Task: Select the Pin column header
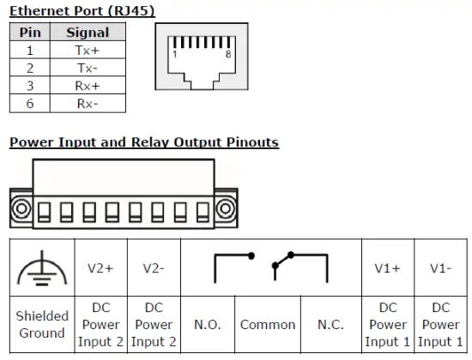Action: tap(30, 33)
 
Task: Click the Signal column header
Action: tap(88, 33)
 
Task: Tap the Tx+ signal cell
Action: tap(88, 51)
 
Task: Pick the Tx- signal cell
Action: tap(88, 68)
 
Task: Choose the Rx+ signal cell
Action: tap(88, 86)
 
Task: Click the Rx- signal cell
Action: tap(88, 104)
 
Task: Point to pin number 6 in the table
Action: tap(30, 104)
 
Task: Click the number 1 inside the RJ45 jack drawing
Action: tap(175, 54)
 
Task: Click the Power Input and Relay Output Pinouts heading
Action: tap(144, 142)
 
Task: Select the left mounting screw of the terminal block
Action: tap(21, 208)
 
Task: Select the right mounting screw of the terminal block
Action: tap(226, 208)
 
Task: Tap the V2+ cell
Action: tap(101, 267)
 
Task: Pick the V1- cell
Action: tap(441, 267)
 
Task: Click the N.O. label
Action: tap(207, 325)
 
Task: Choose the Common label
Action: tap(268, 325)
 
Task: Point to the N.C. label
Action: tap(330, 325)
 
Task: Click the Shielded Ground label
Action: tap(42, 325)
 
